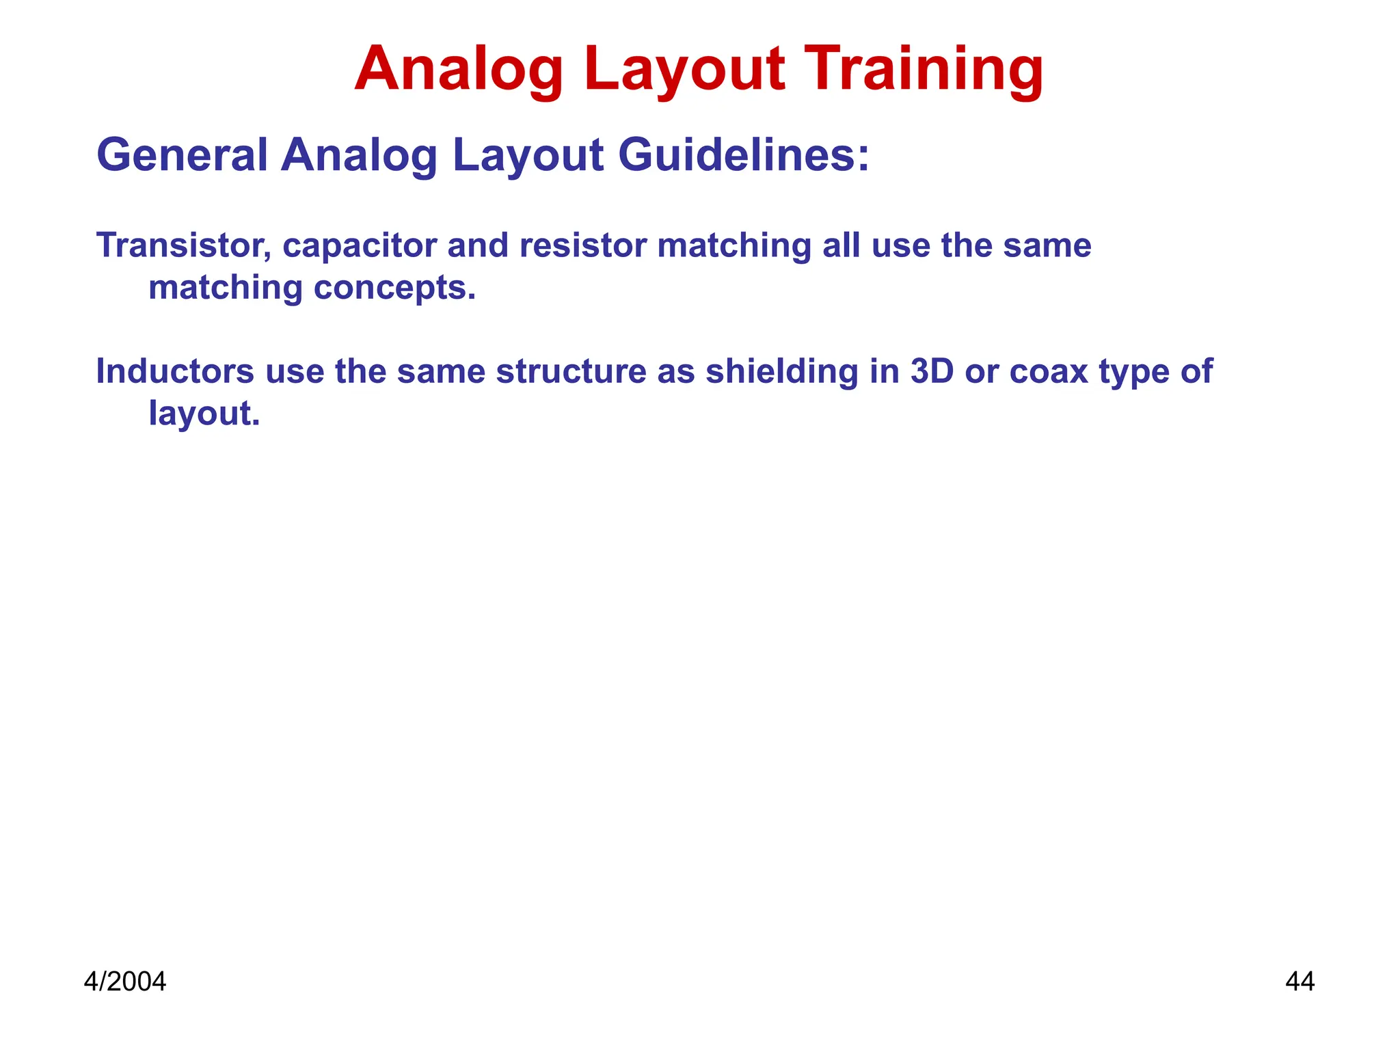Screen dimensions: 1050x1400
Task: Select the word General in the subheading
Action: click(182, 155)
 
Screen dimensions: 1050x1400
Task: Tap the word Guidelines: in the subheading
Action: click(744, 155)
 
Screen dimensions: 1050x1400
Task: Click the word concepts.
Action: click(394, 288)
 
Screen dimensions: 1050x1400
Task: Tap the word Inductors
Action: click(175, 371)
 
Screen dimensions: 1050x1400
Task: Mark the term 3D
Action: click(932, 371)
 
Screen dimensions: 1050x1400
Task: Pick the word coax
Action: click(1048, 371)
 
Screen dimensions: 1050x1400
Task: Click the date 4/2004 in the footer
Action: click(124, 982)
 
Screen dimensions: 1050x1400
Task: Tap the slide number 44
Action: click(1300, 982)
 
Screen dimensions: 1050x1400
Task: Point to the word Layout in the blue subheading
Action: click(528, 156)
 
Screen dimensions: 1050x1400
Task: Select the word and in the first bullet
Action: click(477, 245)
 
